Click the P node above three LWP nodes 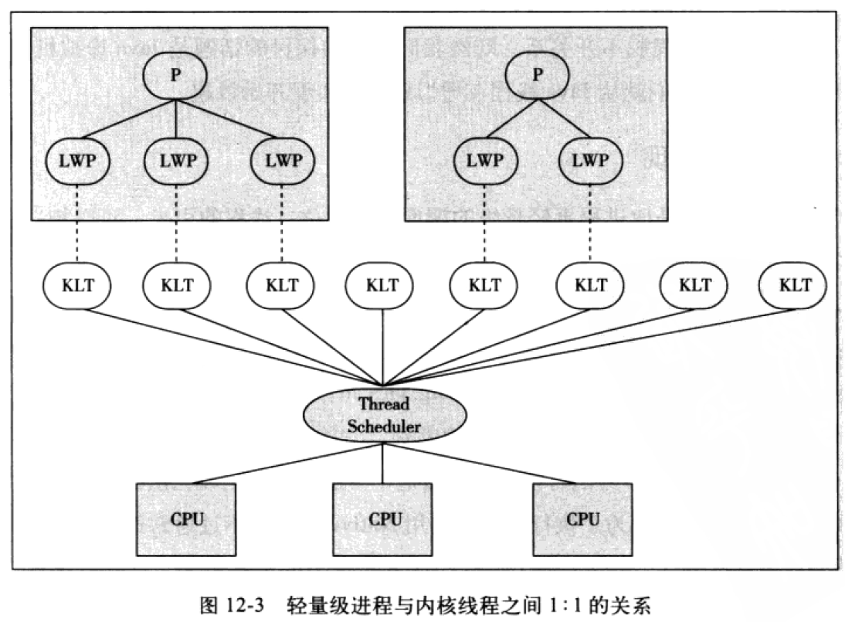click(x=176, y=77)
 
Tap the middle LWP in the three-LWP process click(x=176, y=161)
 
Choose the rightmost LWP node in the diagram click(x=591, y=161)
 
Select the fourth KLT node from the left click(x=382, y=285)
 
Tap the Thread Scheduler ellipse click(x=383, y=414)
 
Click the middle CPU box click(x=384, y=519)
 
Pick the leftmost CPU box click(x=187, y=519)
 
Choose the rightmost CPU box click(x=582, y=519)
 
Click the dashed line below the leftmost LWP click(x=77, y=224)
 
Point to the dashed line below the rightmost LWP click(x=591, y=224)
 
